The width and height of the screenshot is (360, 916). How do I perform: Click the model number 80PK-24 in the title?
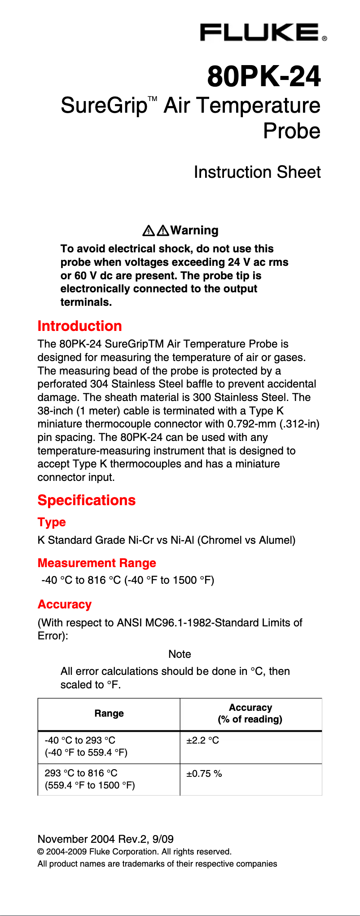(x=264, y=76)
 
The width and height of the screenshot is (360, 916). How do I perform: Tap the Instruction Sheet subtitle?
(x=257, y=172)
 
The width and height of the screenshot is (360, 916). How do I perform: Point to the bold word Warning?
(x=194, y=230)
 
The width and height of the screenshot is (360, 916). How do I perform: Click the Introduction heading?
(x=80, y=326)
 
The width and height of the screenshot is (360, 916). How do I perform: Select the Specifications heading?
(x=87, y=500)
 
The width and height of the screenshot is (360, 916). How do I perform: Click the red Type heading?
(x=52, y=522)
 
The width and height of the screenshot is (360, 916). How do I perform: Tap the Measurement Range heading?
(x=97, y=563)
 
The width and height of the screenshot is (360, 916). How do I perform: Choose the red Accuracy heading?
(x=65, y=604)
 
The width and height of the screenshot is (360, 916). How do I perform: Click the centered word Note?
(x=180, y=654)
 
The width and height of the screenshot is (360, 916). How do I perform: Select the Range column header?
(x=109, y=713)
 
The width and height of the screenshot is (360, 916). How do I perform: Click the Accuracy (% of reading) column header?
(x=250, y=713)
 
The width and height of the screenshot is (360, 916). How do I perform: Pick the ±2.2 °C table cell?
(x=203, y=740)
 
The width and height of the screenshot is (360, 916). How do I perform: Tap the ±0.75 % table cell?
(x=204, y=774)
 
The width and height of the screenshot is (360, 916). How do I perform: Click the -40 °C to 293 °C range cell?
(x=86, y=746)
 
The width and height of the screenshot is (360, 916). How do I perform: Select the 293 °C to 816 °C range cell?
(x=90, y=779)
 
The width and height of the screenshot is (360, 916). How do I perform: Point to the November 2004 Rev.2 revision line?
(x=105, y=839)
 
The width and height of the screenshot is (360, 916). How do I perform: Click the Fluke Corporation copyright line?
(x=135, y=852)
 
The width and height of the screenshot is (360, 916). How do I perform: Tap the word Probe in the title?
(x=292, y=131)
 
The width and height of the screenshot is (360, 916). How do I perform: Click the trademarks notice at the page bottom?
(x=157, y=864)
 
